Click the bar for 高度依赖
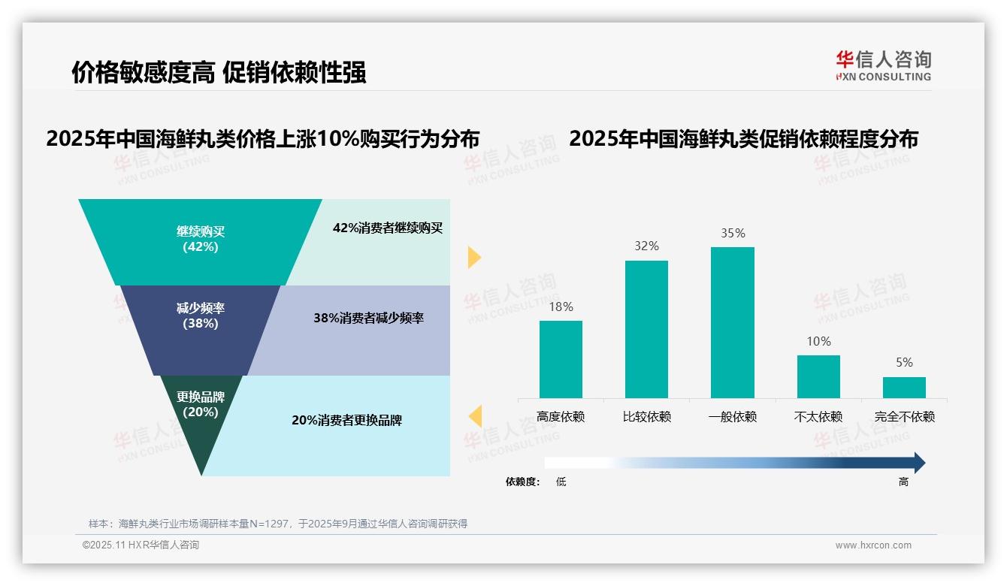click(x=561, y=359)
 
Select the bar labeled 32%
click(x=646, y=329)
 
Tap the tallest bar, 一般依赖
click(x=732, y=322)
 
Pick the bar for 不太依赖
click(x=818, y=376)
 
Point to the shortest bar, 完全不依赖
click(x=904, y=387)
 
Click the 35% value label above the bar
click(x=733, y=234)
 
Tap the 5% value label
click(x=904, y=363)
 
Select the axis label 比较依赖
click(x=646, y=417)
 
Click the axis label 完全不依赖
click(x=904, y=417)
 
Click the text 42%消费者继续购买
click(x=388, y=228)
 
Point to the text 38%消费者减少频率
click(x=368, y=319)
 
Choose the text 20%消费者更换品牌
click(x=346, y=421)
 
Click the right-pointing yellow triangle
click(x=473, y=257)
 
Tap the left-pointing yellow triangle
click(x=475, y=415)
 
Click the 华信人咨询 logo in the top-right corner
click(x=883, y=65)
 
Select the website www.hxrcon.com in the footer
click(x=873, y=545)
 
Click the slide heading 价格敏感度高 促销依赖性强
click(x=219, y=72)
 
